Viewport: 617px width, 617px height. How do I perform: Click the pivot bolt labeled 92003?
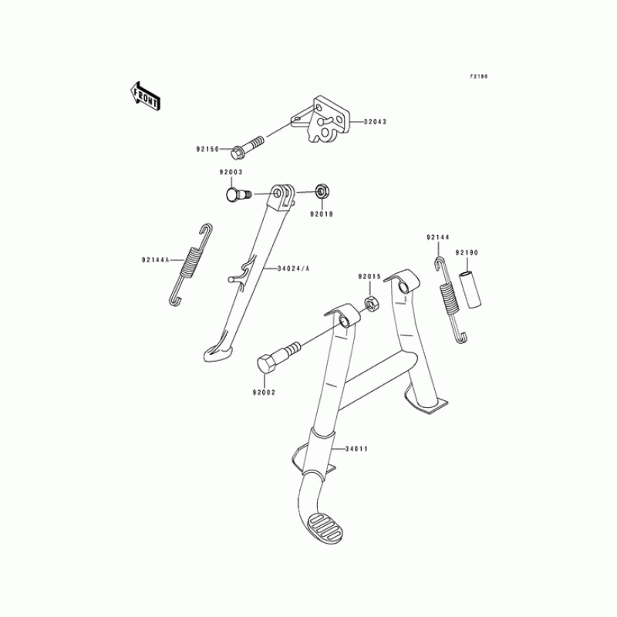[235, 193]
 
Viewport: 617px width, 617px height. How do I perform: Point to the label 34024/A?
[293, 269]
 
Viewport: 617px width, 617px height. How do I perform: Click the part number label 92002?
[264, 393]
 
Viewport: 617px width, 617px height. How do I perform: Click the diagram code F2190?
[479, 76]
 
